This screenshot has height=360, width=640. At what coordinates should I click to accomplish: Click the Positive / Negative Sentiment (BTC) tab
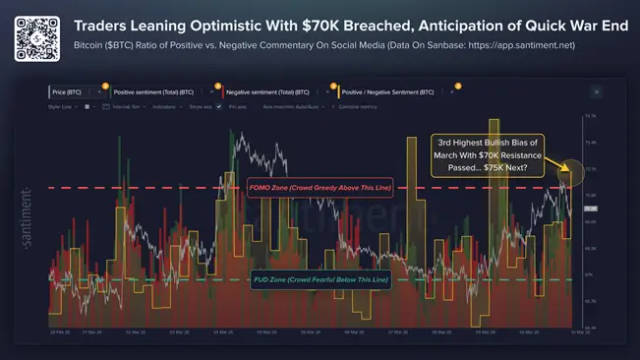point(388,91)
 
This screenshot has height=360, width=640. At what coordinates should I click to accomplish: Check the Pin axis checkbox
point(219,106)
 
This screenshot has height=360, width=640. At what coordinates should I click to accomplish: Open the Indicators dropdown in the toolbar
point(168,106)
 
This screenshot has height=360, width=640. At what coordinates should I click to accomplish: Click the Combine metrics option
point(358,106)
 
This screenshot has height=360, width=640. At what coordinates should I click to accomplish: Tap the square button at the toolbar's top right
point(596,91)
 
